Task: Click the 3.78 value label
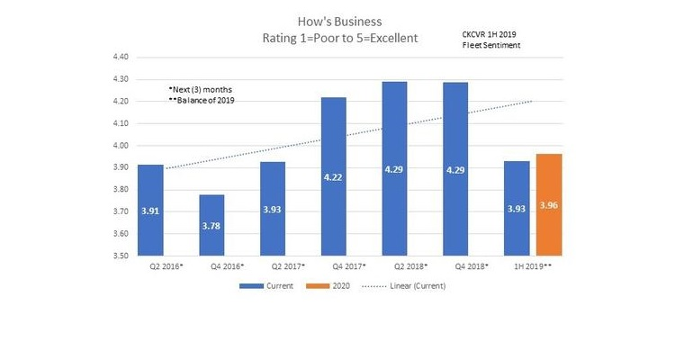211,226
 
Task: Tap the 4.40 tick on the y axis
120,57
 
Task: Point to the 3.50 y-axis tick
120,256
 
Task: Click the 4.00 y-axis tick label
120,145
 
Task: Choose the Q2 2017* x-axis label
273,267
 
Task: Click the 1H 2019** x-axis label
532,267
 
